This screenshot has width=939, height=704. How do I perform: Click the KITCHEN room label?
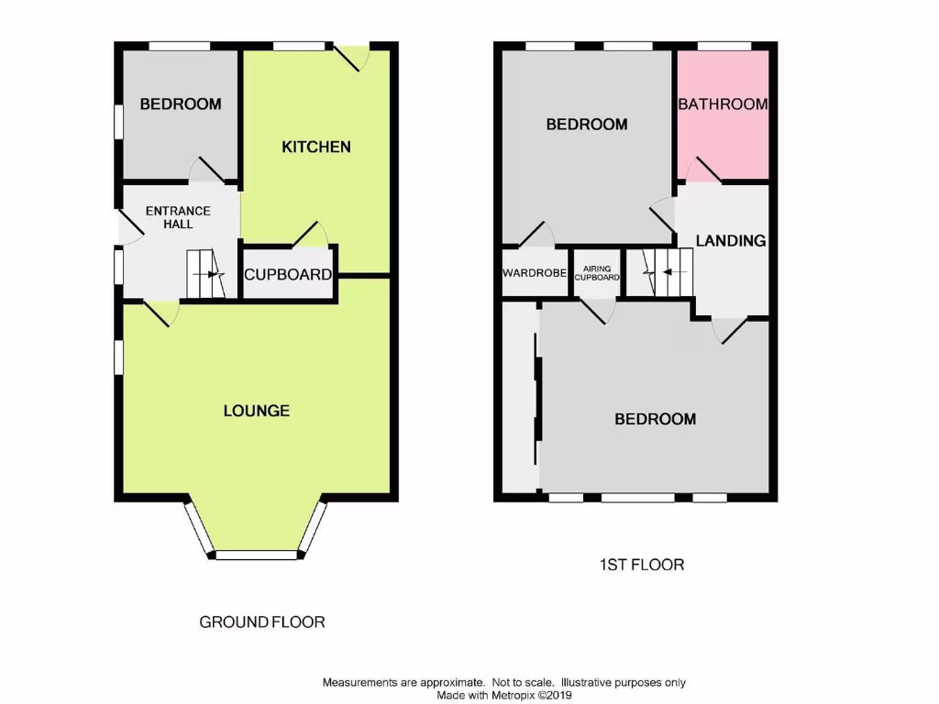point(315,147)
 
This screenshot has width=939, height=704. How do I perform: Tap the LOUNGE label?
point(257,411)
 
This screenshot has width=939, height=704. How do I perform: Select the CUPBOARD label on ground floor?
point(288,274)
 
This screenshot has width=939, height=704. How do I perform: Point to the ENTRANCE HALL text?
point(178,217)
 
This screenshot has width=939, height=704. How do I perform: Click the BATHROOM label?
point(723,104)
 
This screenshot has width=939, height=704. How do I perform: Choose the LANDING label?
point(731,241)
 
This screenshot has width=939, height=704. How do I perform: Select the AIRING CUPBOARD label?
point(597,273)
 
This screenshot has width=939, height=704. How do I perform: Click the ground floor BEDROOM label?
point(180,104)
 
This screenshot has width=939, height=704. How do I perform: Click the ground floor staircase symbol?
point(205,274)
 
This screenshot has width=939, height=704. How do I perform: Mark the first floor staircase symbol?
point(659,272)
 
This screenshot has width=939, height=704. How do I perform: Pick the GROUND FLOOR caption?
point(262,622)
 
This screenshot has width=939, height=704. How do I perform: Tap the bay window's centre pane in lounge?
point(256,555)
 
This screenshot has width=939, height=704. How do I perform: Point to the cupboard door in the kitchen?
point(312,235)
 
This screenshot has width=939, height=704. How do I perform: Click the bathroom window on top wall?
point(724,45)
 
